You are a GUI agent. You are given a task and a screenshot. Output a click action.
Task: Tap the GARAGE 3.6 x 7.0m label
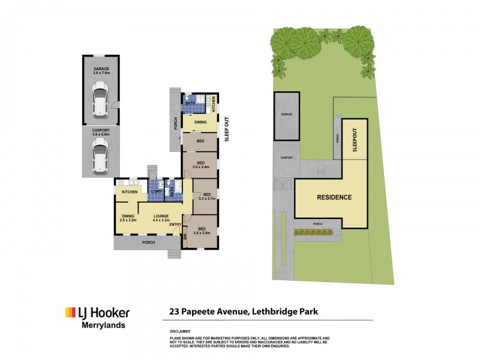pos(101,71)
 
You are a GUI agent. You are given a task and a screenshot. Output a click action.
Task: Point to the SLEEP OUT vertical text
pos(227,128)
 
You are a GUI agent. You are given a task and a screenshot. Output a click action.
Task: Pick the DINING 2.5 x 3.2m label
pos(128,218)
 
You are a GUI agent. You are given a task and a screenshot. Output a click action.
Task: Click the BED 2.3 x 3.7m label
pos(207,197)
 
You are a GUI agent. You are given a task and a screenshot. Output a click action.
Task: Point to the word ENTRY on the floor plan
pos(175,225)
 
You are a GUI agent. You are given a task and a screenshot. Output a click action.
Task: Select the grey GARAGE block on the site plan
pos(287,115)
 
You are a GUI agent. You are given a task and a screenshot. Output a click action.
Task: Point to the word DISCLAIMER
pos(180,331)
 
